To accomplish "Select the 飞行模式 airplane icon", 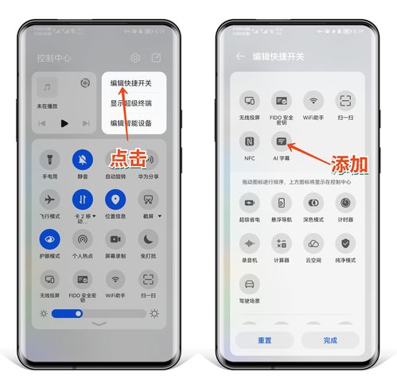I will pyautogui.click(x=50, y=199).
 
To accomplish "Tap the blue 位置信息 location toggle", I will pyautogui.click(x=115, y=199).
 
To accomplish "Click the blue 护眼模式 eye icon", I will pyautogui.click(x=50, y=238).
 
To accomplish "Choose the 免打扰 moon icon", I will pyautogui.click(x=148, y=238).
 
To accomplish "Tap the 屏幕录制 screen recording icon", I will pyautogui.click(x=115, y=238).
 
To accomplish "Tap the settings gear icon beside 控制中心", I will pyautogui.click(x=136, y=58).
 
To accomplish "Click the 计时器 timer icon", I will pyautogui.click(x=345, y=203).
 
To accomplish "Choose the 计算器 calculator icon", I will pyautogui.click(x=282, y=243).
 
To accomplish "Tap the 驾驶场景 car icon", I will pyautogui.click(x=250, y=284).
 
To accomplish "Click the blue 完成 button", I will pyautogui.click(x=330, y=339).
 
